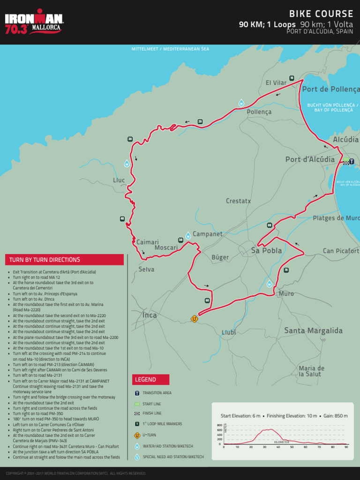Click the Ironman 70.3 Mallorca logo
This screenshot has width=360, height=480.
point(34,22)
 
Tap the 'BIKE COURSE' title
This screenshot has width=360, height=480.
point(321,14)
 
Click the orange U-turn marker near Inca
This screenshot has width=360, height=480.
point(194,319)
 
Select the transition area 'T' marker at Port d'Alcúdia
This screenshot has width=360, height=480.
point(352,162)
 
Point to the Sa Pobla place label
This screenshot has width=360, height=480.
point(266,251)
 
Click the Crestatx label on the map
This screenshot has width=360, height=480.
point(238,201)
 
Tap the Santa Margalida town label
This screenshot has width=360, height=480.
point(313,331)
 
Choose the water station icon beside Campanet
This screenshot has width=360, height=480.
point(188,235)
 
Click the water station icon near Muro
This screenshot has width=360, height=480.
point(270,284)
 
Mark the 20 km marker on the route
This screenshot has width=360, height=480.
point(200,122)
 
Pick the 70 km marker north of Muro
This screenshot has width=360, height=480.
point(286,270)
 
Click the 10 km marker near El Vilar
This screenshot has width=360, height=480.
point(292,78)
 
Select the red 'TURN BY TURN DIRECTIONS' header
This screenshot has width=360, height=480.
point(64,260)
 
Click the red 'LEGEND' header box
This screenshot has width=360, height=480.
point(150,380)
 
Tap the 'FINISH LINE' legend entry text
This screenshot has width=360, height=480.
point(152,413)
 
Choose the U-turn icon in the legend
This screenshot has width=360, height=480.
point(137,435)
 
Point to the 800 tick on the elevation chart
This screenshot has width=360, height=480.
point(219,425)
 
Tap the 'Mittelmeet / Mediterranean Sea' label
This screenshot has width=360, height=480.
point(170,49)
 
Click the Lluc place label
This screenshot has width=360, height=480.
point(119,180)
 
